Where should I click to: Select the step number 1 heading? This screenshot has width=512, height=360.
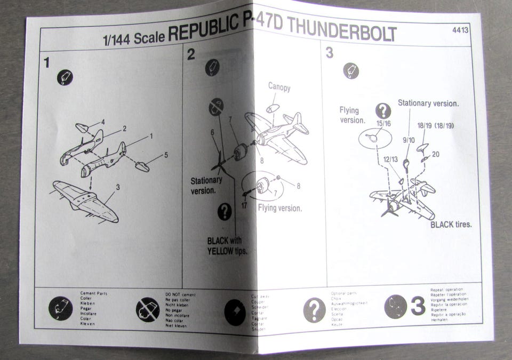tap(47, 63)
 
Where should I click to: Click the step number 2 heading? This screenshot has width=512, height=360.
tap(191, 54)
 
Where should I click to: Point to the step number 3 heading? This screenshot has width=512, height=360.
tap(330, 53)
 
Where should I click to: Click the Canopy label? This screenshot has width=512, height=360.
tap(279, 87)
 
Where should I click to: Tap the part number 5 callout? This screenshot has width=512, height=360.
tap(166, 155)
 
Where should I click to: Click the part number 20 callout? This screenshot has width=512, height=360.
tap(436, 154)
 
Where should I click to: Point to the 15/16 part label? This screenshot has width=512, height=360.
tap(383, 124)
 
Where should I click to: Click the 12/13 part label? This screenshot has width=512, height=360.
tap(390, 159)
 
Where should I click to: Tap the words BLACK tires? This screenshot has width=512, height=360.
tap(451, 225)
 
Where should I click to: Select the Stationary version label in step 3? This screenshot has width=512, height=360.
tap(428, 103)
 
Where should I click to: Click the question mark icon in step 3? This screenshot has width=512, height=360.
tap(383, 110)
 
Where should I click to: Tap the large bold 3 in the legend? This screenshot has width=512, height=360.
tap(418, 306)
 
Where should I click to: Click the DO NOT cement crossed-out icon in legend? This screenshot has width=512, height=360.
tap(148, 309)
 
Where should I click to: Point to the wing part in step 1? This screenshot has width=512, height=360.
tap(85, 200)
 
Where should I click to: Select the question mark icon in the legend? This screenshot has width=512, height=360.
tap(314, 309)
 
